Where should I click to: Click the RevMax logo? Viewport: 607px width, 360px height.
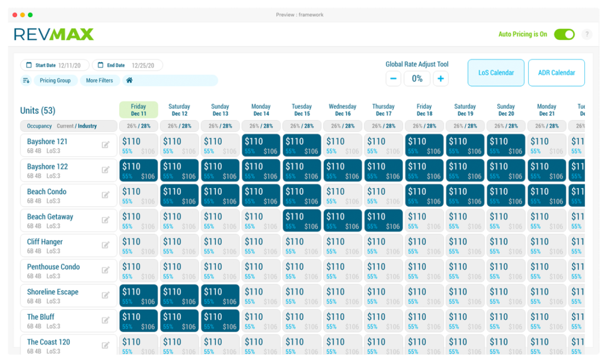(x=54, y=34)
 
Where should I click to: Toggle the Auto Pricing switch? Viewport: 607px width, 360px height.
(x=564, y=34)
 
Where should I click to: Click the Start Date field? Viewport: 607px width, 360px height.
(x=55, y=65)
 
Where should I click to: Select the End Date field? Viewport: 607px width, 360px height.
(x=127, y=65)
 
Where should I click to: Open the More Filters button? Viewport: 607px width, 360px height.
(x=99, y=81)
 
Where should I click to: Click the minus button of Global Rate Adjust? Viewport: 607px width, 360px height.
(x=394, y=78)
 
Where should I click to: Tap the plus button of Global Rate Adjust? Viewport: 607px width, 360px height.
(x=440, y=78)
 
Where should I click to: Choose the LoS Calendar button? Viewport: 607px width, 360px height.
(x=496, y=73)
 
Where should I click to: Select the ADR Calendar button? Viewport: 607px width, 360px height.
(x=556, y=73)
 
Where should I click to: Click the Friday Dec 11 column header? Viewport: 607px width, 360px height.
(x=139, y=110)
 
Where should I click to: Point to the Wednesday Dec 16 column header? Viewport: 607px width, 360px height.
(x=343, y=110)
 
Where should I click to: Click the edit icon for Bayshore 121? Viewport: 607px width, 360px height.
(x=106, y=145)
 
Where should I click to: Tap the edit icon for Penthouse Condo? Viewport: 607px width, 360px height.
(x=106, y=270)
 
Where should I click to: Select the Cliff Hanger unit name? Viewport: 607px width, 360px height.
(x=44, y=242)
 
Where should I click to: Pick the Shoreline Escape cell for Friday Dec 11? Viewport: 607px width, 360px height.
(x=139, y=296)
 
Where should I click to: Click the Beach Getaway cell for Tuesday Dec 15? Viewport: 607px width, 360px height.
(x=302, y=221)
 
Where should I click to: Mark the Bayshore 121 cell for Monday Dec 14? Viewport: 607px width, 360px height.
(x=261, y=146)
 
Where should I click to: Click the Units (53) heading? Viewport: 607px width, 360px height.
(x=38, y=110)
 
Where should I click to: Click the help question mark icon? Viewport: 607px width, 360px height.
(x=587, y=34)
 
